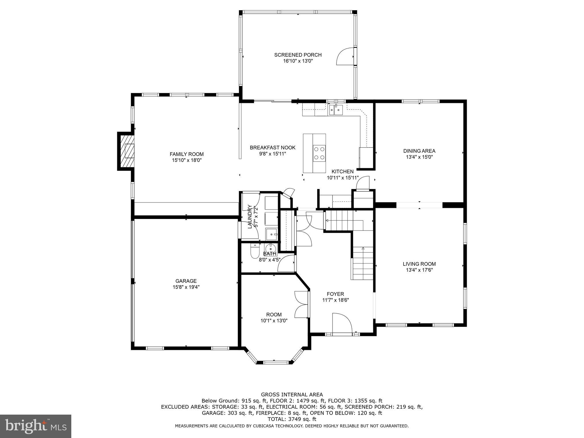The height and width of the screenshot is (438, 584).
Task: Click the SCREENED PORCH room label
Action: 298,55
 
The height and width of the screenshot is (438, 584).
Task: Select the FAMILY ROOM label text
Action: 186,154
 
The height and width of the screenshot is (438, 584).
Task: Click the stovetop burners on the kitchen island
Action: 319,153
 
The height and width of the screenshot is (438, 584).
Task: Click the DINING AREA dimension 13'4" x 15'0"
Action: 419,157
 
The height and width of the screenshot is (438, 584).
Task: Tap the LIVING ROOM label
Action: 419,264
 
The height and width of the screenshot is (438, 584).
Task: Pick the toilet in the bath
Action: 254,252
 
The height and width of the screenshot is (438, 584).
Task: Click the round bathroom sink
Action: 270,249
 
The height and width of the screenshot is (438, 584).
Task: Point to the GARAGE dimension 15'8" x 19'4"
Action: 186,287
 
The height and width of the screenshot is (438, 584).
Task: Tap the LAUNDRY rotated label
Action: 250,217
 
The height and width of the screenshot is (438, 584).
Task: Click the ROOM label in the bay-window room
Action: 274,315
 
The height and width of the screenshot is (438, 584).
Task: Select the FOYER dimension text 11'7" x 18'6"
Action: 336,300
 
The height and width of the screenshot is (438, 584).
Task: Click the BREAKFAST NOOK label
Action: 273,148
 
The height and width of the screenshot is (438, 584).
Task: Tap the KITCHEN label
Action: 342,172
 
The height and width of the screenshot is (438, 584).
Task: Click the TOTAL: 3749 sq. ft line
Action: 292,419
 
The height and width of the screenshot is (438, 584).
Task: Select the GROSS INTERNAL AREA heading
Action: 292,395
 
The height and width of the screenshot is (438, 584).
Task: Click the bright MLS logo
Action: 35,426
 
